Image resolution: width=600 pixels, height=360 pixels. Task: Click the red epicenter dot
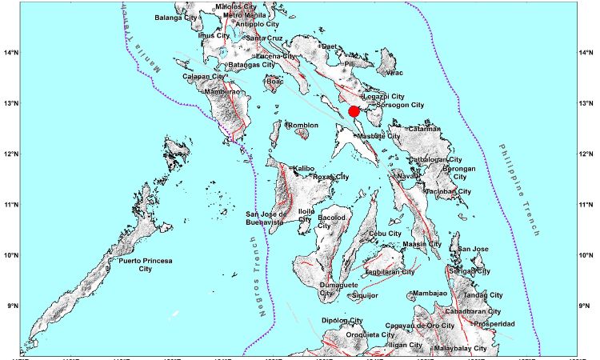tap(354, 111)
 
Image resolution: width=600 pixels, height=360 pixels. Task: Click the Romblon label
tap(302, 126)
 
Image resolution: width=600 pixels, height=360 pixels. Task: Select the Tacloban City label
tap(447, 192)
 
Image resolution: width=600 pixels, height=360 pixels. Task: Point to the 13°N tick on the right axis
tap(586, 104)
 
